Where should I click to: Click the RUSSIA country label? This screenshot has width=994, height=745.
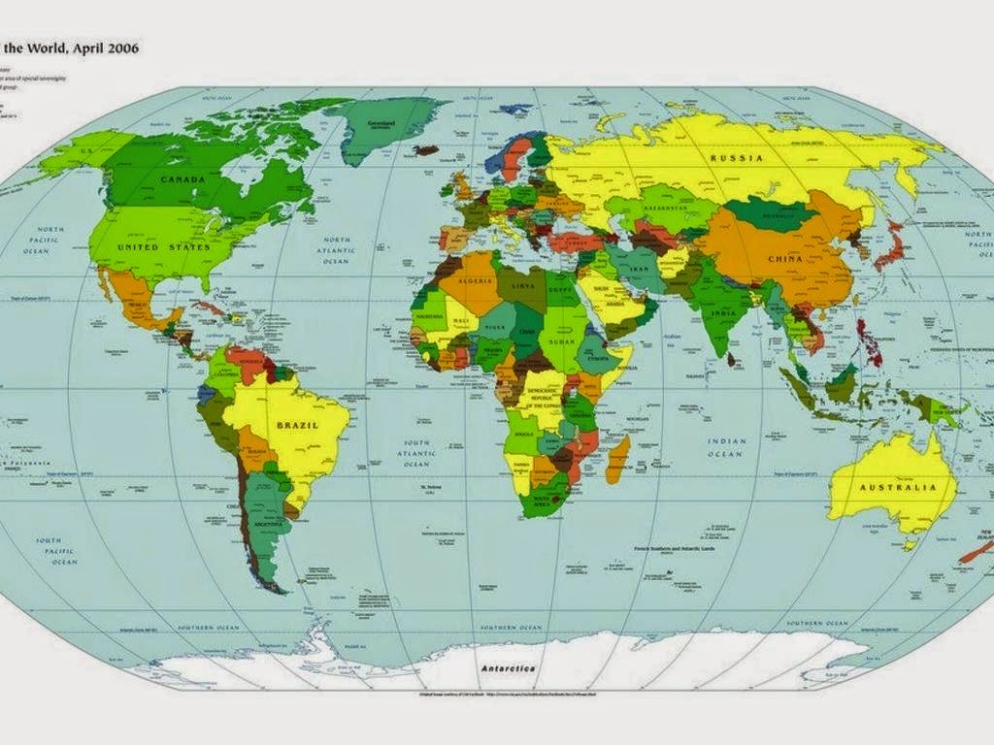tap(736, 157)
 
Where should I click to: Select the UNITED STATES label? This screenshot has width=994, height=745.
tap(164, 247)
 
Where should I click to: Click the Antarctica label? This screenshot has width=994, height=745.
tap(509, 668)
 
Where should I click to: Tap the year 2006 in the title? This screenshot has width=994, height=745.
tap(120, 49)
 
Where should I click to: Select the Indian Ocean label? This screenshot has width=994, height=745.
tap(726, 447)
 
